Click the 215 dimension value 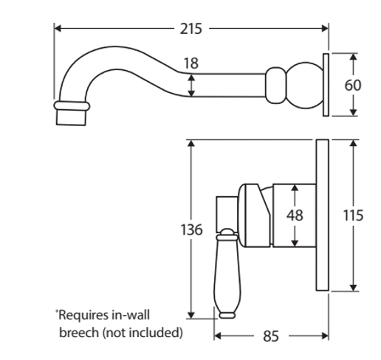pyautogui.click(x=191, y=29)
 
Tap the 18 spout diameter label pyautogui.click(x=191, y=63)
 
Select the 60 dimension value pyautogui.click(x=353, y=86)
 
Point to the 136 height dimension pyautogui.click(x=191, y=229)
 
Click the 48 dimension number pyautogui.click(x=295, y=215)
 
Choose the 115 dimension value pyautogui.click(x=353, y=215)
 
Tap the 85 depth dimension pyautogui.click(x=271, y=336)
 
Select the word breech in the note pyautogui.click(x=79, y=333)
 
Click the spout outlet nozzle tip pyautogui.click(x=71, y=117)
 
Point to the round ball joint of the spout pyautogui.click(x=305, y=86)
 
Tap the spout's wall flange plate pyautogui.click(x=326, y=85)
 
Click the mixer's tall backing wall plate pyautogui.click(x=323, y=215)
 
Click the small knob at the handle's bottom pyautogui.click(x=227, y=316)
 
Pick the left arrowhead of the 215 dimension pyautogui.click(x=58, y=29)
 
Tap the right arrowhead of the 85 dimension pyautogui.click(x=325, y=336)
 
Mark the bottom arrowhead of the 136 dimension pyautogui.click(x=191, y=315)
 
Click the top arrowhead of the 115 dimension pyautogui.click(x=353, y=143)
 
